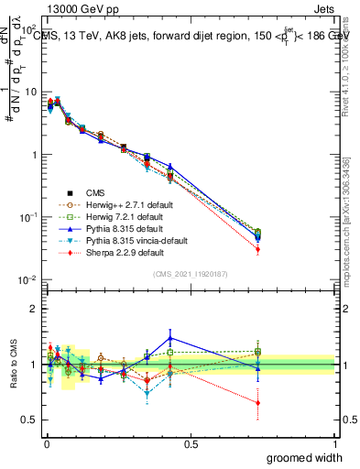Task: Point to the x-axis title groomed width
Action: (305, 457)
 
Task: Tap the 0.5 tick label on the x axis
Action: (190, 444)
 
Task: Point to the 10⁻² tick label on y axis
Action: (28, 279)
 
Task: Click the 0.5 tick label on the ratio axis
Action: (29, 421)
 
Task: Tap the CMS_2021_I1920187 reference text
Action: (190, 275)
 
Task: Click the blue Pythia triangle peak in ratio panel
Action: (169, 337)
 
